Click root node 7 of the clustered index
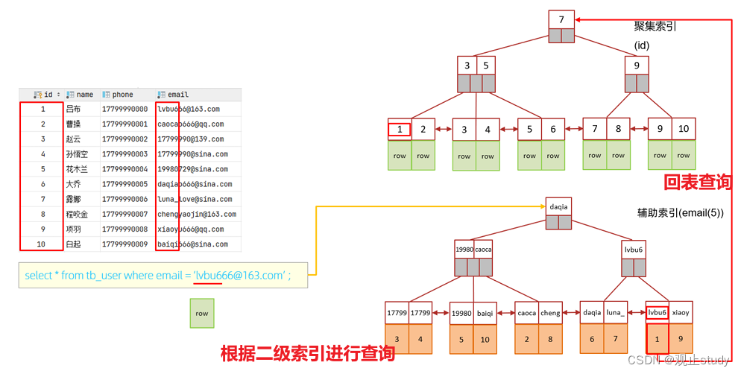pos(561,19)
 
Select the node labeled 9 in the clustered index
pos(636,65)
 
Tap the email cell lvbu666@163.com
pos(189,110)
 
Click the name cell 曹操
pos(75,124)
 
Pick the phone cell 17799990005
pos(124,184)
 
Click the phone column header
pos(122,95)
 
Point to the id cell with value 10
pos(42,244)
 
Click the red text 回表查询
pos(697,181)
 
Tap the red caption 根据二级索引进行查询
pos(308,353)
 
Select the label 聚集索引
pos(655,27)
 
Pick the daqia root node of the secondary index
pos(558,206)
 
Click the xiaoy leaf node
pos(681,313)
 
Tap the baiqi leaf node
pos(485,313)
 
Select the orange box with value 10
pos(485,339)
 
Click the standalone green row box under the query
pos(201,314)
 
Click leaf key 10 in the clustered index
pos(683,129)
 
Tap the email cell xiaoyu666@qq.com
pos(190,229)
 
